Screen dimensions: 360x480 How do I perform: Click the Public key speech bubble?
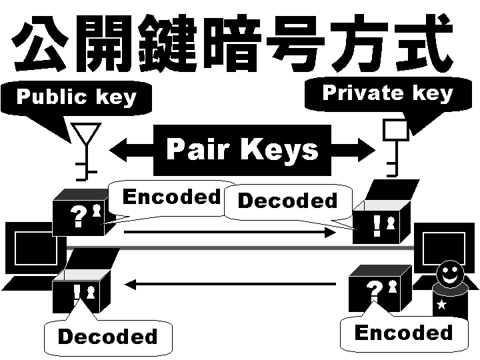[76, 97]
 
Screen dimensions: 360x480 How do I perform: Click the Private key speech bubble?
[387, 93]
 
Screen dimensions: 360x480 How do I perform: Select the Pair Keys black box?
[242, 149]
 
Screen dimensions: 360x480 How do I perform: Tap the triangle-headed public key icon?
[86, 149]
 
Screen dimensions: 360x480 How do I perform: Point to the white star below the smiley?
[441, 305]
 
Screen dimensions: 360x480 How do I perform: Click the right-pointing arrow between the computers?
[230, 232]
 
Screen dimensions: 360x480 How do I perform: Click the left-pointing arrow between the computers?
[230, 285]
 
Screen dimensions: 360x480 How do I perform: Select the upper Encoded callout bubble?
[172, 197]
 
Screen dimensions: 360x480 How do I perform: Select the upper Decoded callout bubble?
[288, 201]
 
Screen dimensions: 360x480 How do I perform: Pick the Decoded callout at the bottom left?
[107, 337]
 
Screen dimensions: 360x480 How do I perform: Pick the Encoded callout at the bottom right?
[403, 333]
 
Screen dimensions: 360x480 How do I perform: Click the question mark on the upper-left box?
[79, 217]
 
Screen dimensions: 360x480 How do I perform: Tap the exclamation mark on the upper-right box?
[377, 225]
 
